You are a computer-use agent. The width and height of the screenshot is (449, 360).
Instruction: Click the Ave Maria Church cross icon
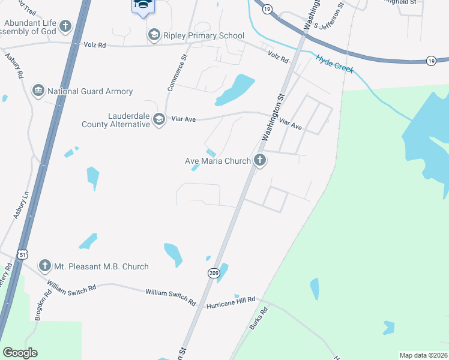coord(259,160)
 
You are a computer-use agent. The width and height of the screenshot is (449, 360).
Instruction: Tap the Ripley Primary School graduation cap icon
coord(154,35)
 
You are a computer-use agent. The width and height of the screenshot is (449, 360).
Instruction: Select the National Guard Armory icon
coord(39,91)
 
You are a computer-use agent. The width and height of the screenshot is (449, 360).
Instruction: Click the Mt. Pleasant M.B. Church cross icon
coord(44,266)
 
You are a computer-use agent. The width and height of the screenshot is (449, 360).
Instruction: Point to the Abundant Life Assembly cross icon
coord(65,26)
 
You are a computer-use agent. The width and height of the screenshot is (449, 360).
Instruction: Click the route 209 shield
coord(214,273)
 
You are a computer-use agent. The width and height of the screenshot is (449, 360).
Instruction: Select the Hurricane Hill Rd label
coord(231,302)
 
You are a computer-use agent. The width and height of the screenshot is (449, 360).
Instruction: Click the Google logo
coord(20,353)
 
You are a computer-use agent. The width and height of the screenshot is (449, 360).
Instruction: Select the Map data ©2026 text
coord(423,355)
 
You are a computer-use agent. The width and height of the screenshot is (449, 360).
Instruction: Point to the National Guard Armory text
coord(90,92)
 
